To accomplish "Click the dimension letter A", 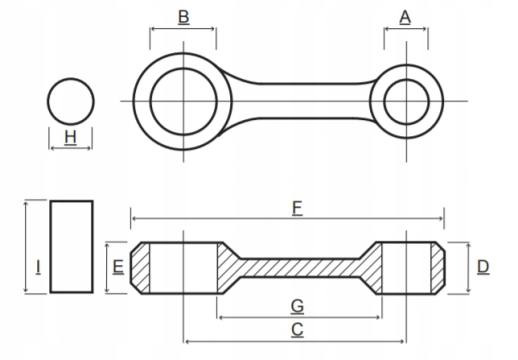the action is [405, 17].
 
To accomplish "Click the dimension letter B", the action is [184, 17].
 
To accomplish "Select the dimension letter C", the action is [297, 330].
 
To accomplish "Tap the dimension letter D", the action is [483, 267].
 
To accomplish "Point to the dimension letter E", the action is [118, 267].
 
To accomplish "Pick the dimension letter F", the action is [297, 208].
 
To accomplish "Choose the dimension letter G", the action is [297, 306].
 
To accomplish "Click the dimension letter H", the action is [70, 137].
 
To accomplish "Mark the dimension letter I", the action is [38, 267].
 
